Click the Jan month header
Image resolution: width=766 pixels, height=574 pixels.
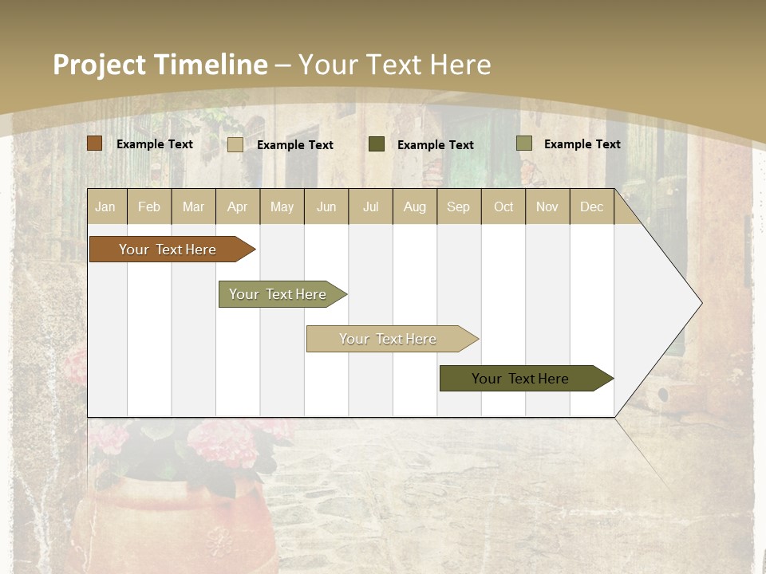tap(105, 206)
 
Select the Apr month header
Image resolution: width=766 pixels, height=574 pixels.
tap(238, 206)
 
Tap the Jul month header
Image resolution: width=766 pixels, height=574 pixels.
tap(370, 206)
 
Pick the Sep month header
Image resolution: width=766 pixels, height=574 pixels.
tap(458, 206)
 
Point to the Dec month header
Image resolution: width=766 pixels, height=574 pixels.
tap(591, 206)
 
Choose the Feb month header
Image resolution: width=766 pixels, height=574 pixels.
tap(149, 206)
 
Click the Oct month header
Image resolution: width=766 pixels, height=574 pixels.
tap(503, 206)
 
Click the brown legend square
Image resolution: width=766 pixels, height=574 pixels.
tap(95, 143)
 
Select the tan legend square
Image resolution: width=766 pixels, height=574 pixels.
tap(235, 144)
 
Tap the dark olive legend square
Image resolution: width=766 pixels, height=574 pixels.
tap(377, 143)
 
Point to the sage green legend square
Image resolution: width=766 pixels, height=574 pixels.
tap(524, 143)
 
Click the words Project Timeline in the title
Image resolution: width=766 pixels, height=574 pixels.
tap(160, 65)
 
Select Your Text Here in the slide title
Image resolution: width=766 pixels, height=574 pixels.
tap(394, 65)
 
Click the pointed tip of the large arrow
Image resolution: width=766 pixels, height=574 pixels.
tap(700, 303)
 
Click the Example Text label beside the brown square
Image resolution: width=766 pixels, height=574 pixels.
tap(155, 144)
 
